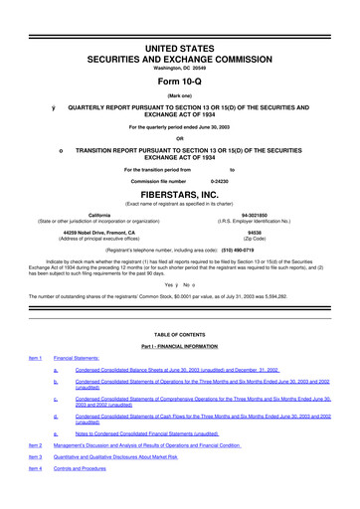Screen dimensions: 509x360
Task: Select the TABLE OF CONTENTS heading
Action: pos(180,336)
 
